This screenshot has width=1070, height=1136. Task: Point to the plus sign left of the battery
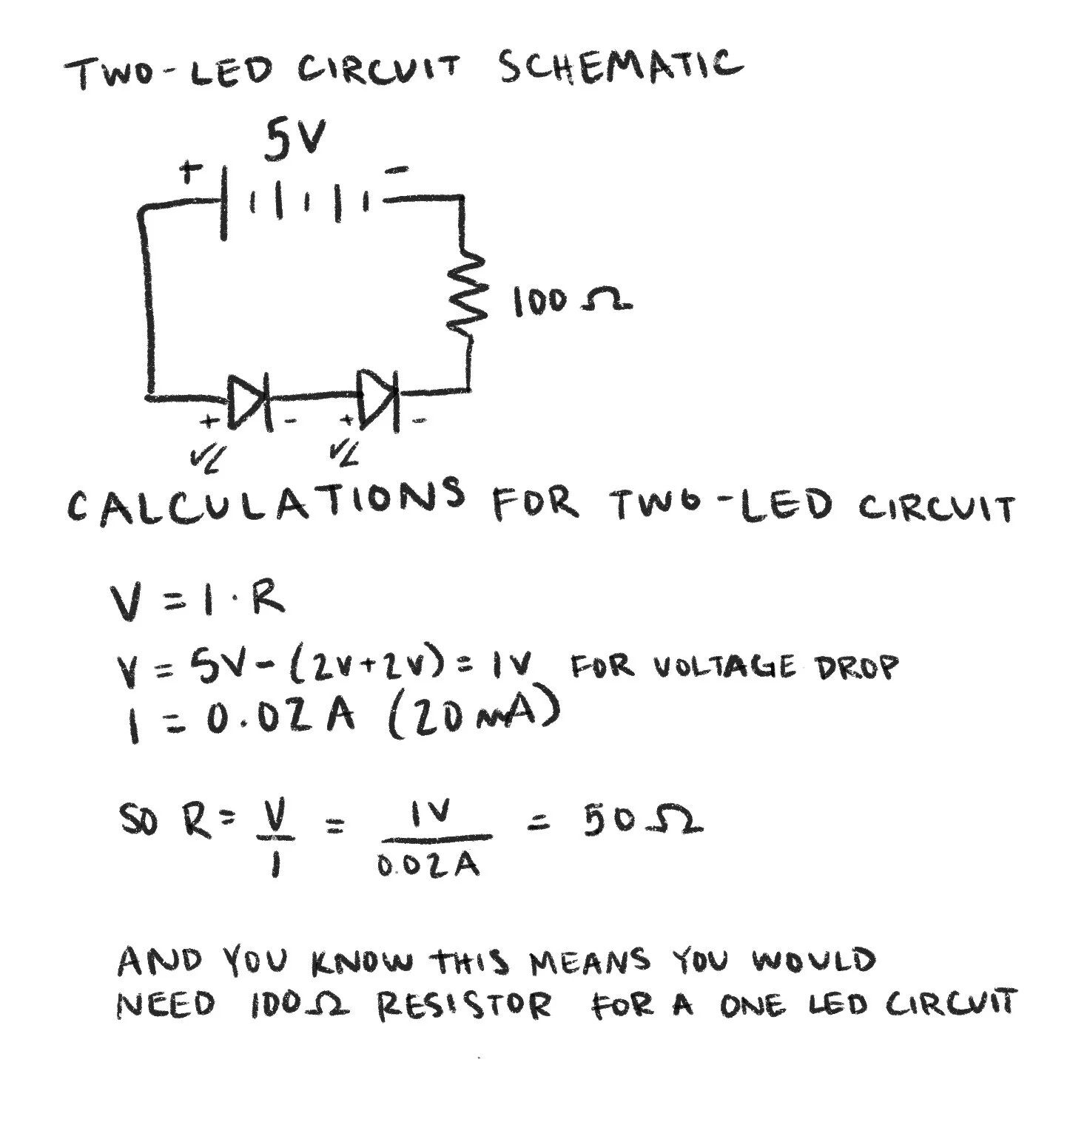(191, 173)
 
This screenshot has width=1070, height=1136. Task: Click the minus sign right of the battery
(398, 171)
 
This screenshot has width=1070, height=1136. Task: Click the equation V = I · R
(197, 600)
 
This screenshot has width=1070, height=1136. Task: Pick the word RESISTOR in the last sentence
(465, 1007)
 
